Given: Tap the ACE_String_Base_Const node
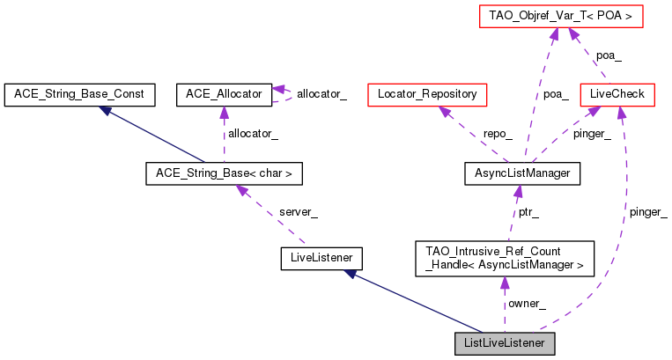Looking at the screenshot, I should pyautogui.click(x=79, y=92).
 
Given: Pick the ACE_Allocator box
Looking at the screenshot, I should pyautogui.click(x=224, y=92).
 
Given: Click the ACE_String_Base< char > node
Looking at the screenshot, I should pyautogui.click(x=224, y=173).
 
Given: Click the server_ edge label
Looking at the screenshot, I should pyautogui.click(x=298, y=212).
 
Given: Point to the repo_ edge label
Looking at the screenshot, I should pyautogui.click(x=498, y=134).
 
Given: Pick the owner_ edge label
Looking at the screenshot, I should pyautogui.click(x=527, y=304).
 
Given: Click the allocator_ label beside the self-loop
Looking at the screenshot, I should pyautogui.click(x=321, y=93).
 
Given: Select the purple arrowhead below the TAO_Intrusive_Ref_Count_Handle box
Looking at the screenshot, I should pyautogui.click(x=504, y=283).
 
